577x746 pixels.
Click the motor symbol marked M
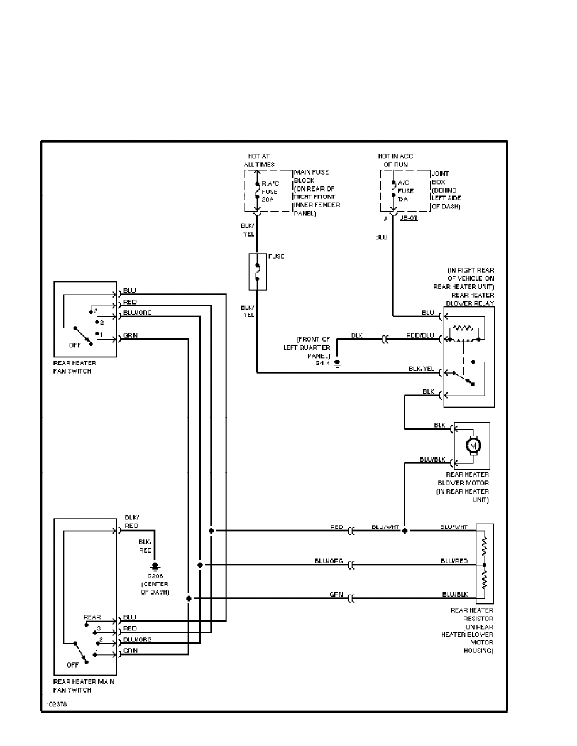tap(473, 445)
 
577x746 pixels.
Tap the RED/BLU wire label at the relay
tap(419, 336)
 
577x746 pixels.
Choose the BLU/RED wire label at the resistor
tap(453, 560)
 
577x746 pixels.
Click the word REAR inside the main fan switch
tap(92, 617)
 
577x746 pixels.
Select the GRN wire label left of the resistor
tap(336, 594)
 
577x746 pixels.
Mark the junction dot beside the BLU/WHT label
tap(404, 531)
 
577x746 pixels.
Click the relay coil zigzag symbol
tap(466, 328)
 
